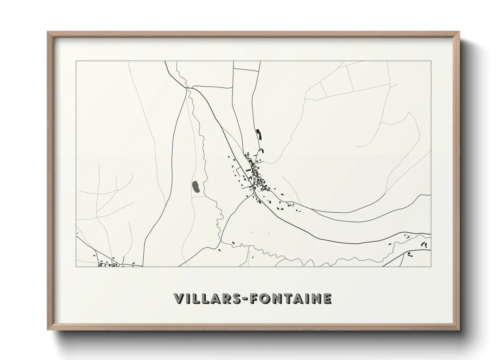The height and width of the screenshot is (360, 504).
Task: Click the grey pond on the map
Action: [196, 186]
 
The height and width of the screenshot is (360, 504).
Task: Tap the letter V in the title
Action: [179, 298]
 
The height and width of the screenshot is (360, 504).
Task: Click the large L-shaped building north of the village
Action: [259, 134]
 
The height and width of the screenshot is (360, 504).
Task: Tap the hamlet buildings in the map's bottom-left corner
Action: [106, 263]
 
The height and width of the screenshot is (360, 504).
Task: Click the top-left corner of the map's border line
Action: [76, 61]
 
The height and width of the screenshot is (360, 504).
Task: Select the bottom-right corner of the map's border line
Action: [431, 266]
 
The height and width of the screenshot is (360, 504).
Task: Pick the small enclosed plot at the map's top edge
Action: [246, 66]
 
